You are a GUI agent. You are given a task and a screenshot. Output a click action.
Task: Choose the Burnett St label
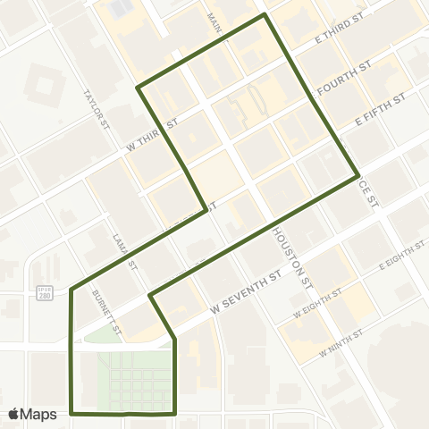tap(107, 275)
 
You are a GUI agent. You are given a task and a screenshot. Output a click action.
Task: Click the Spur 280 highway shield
tap(44, 294)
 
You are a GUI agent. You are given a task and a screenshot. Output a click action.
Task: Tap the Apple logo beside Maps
tap(14, 414)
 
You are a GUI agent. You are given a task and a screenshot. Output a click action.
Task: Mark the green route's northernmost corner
tap(264, 15)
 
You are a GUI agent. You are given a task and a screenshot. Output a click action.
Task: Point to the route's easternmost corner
tap(358, 175)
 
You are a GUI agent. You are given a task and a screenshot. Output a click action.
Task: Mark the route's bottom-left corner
tap(71, 414)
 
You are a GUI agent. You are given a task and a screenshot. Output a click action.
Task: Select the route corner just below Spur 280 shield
tap(71, 289)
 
